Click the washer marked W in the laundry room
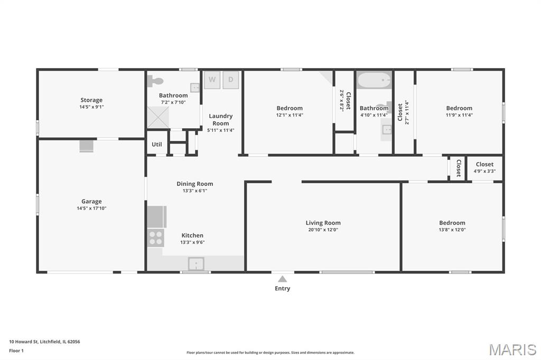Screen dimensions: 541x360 pyautogui.click(x=212, y=80)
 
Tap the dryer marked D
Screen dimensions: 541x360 pyautogui.click(x=230, y=80)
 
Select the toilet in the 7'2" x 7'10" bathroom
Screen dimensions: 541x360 pyautogui.click(x=155, y=81)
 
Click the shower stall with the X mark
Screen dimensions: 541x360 pyautogui.click(x=158, y=117)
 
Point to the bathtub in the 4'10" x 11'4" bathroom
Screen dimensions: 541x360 pyautogui.click(x=375, y=80)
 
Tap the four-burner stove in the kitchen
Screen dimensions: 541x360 pyautogui.click(x=156, y=238)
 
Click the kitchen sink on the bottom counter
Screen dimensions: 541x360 pyautogui.click(x=196, y=264)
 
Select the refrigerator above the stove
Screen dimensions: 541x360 pyautogui.click(x=157, y=217)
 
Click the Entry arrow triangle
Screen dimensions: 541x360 pyautogui.click(x=283, y=279)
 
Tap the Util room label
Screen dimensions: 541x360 pyautogui.click(x=156, y=144)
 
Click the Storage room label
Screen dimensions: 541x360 pyautogui.click(x=91, y=100)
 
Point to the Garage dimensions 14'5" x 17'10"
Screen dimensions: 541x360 pyautogui.click(x=91, y=209)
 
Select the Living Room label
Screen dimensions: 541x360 pyautogui.click(x=323, y=223)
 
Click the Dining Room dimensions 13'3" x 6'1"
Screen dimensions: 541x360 pyautogui.click(x=195, y=191)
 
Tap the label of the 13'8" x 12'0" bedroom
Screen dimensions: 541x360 pyautogui.click(x=452, y=223)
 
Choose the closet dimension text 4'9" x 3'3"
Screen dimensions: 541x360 pyautogui.click(x=484, y=171)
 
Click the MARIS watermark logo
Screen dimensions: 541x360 pyautogui.click(x=512, y=349)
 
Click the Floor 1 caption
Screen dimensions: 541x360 pyautogui.click(x=16, y=350)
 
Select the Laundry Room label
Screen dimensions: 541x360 pyautogui.click(x=221, y=120)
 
